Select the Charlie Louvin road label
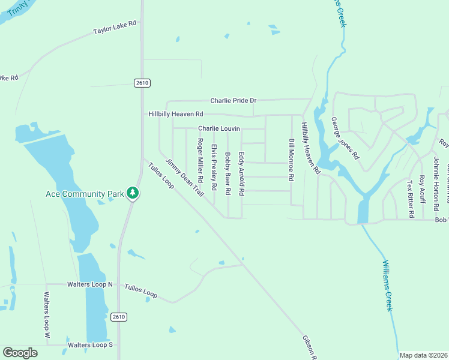(x=219, y=128)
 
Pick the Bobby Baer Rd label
(x=228, y=173)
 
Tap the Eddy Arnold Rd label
(x=242, y=173)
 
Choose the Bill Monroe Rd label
(x=291, y=160)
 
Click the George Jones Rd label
(x=345, y=138)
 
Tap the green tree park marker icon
(x=133, y=193)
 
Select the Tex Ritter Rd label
(x=411, y=199)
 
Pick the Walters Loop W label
(x=46, y=316)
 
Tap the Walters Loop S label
(x=90, y=345)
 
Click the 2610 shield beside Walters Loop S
(x=119, y=316)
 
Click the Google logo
(x=20, y=353)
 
